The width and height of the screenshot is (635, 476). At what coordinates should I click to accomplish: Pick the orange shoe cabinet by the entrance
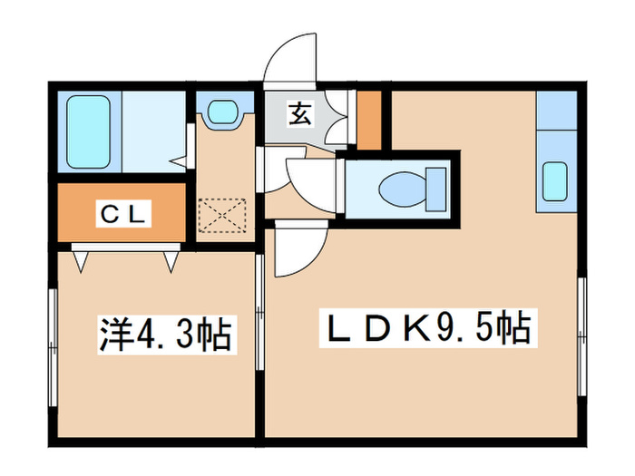pos(368,120)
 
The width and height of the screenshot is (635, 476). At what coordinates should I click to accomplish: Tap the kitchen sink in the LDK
pos(555,180)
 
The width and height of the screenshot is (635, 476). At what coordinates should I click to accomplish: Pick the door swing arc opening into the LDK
pos(299,249)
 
